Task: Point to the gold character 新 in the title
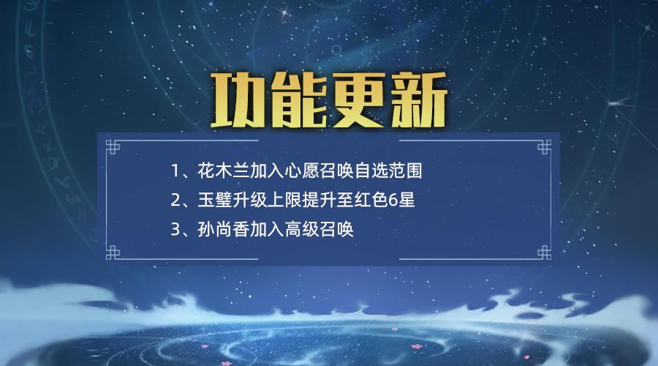(x=418, y=100)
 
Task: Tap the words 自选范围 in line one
(x=388, y=171)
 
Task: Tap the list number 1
(x=175, y=171)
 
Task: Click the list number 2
(x=175, y=200)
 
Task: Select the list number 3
(x=175, y=229)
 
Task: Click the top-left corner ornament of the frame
(x=113, y=147)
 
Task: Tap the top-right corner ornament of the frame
(x=544, y=147)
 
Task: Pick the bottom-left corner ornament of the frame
(x=113, y=252)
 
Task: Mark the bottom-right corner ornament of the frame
(x=544, y=252)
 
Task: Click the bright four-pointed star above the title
(x=285, y=12)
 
